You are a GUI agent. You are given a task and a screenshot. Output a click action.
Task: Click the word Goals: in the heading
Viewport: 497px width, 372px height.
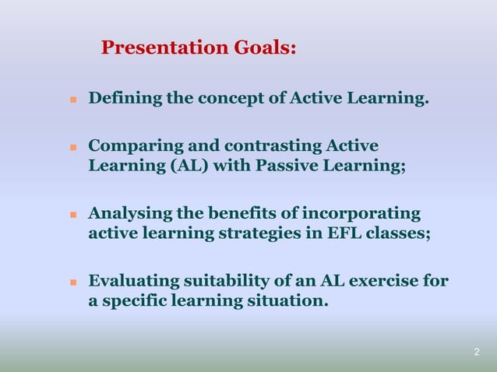(265, 48)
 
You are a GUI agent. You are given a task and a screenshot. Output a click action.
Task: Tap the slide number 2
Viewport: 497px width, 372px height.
(477, 353)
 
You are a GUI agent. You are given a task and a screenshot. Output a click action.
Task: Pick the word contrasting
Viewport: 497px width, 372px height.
(272, 146)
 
